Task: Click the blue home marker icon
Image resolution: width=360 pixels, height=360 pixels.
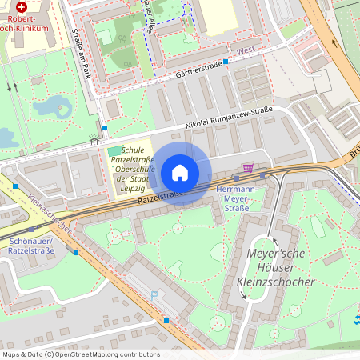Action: tap(180, 173)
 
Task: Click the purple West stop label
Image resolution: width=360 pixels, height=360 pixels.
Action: tap(246, 50)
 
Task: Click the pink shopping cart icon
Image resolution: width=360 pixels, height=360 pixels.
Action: tap(249, 168)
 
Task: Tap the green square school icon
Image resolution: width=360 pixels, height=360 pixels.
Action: tap(116, 151)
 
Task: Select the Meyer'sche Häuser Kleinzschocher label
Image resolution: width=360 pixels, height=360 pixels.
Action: tap(272, 268)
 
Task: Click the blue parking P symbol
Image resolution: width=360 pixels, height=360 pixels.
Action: tap(154, 295)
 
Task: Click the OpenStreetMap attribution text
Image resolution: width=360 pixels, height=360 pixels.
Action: tap(80, 354)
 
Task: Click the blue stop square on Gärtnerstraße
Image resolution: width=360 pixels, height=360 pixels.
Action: tap(226, 61)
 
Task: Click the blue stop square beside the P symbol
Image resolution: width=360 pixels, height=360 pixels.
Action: tap(166, 320)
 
